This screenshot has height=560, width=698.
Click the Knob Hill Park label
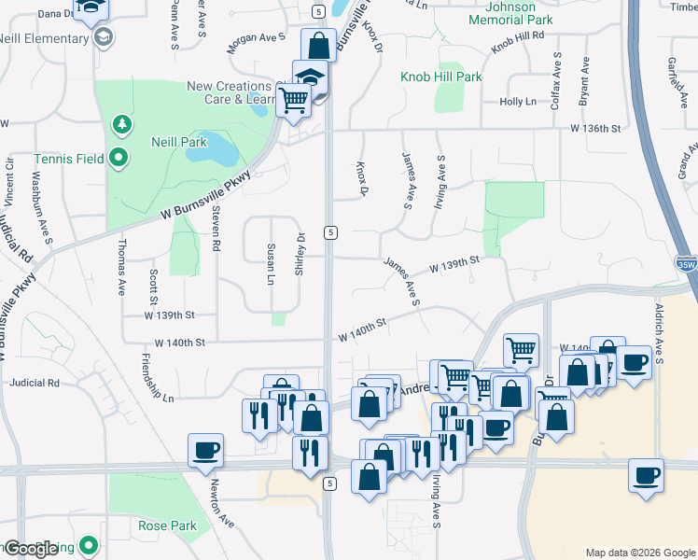click(441, 77)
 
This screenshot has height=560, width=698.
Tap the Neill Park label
click(178, 142)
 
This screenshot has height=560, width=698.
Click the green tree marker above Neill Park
click(119, 123)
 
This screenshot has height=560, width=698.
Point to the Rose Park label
click(167, 525)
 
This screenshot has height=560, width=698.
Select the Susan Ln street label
click(271, 264)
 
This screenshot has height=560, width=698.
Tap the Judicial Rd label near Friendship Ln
click(34, 383)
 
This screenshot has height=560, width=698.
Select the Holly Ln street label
click(518, 102)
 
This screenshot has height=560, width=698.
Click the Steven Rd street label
click(216, 229)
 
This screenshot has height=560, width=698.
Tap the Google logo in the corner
click(31, 548)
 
